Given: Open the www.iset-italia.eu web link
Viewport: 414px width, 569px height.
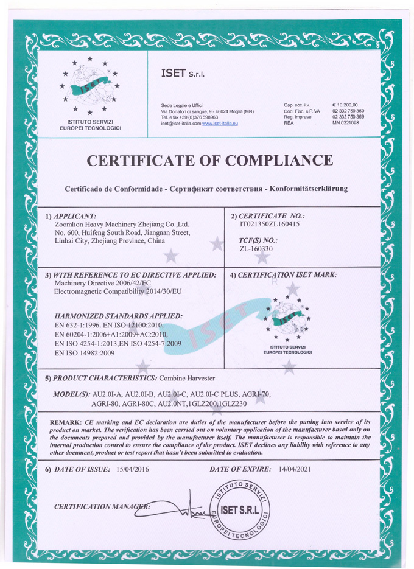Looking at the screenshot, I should (220, 124).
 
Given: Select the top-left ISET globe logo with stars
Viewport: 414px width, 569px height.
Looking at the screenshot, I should (89, 88).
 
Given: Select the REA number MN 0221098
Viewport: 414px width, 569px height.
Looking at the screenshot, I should (345, 123).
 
